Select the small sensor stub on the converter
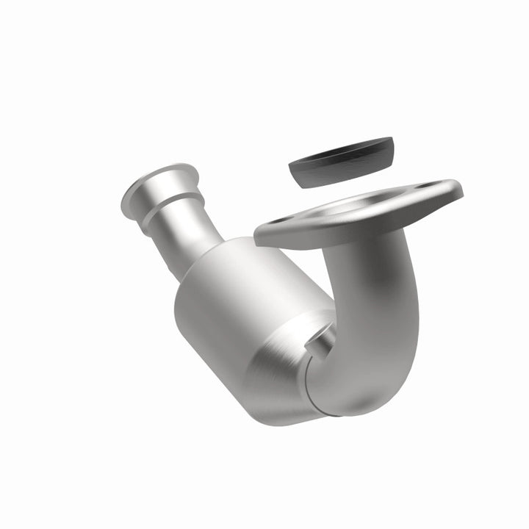tap(321, 334)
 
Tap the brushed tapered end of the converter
tap(287, 375)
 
